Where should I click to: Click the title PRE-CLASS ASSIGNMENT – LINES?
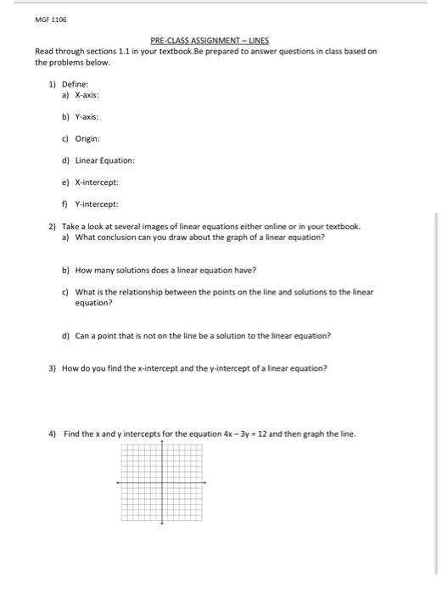click(209, 40)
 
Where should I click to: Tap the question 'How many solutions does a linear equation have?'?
click(165, 270)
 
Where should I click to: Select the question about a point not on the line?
click(202, 335)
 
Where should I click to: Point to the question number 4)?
click(52, 434)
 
